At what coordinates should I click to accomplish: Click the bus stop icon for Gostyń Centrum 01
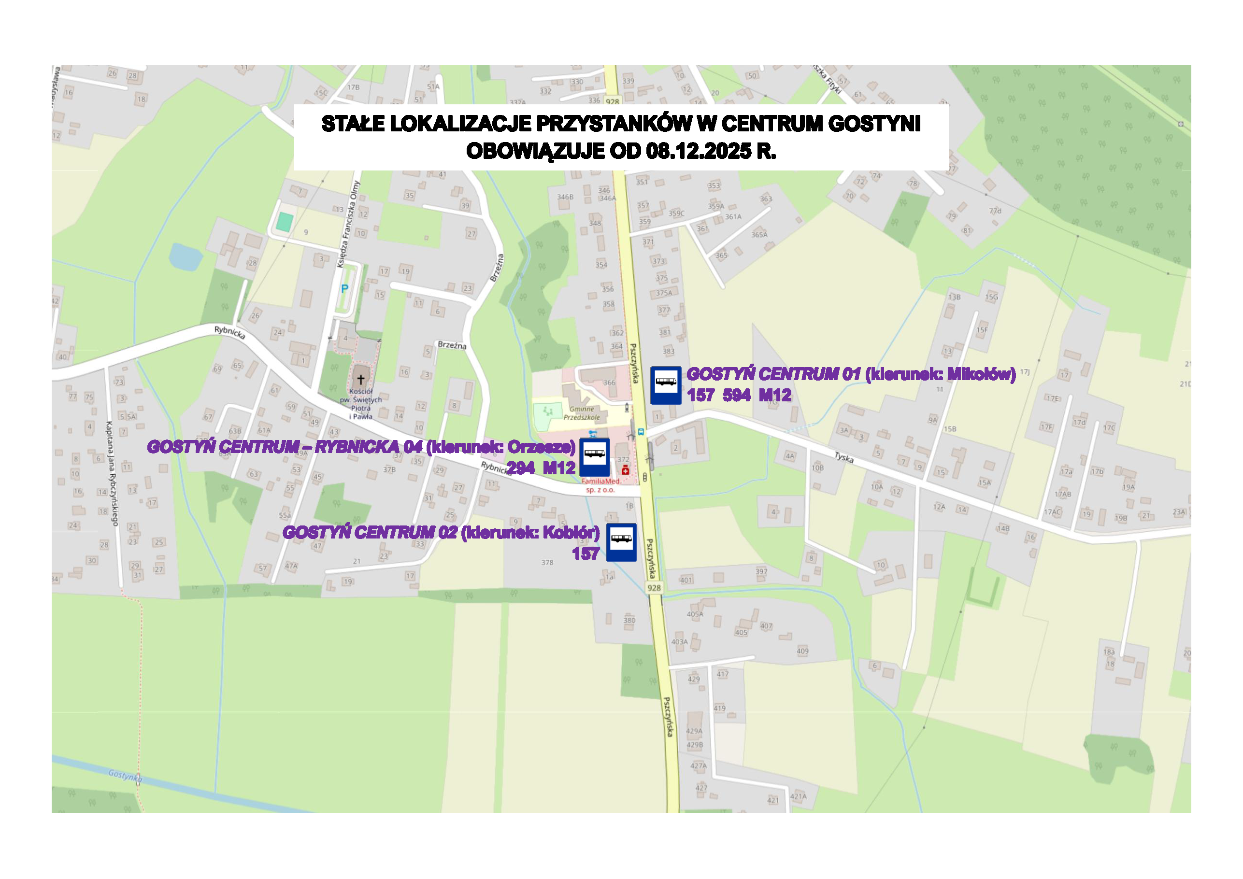click(x=665, y=385)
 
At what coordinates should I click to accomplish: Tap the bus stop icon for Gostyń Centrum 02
click(x=621, y=542)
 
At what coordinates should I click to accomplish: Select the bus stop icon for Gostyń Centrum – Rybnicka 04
click(x=594, y=457)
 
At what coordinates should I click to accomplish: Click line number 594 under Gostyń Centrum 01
click(x=736, y=396)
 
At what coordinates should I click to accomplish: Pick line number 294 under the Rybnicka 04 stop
click(x=520, y=468)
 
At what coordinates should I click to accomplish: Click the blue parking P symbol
click(x=344, y=289)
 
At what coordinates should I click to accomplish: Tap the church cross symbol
click(x=360, y=380)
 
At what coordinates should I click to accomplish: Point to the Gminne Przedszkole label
click(x=582, y=413)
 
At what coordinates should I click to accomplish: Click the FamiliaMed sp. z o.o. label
click(x=600, y=485)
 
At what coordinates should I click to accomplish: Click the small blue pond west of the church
click(x=185, y=256)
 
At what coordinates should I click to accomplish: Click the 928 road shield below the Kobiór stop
click(x=654, y=588)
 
